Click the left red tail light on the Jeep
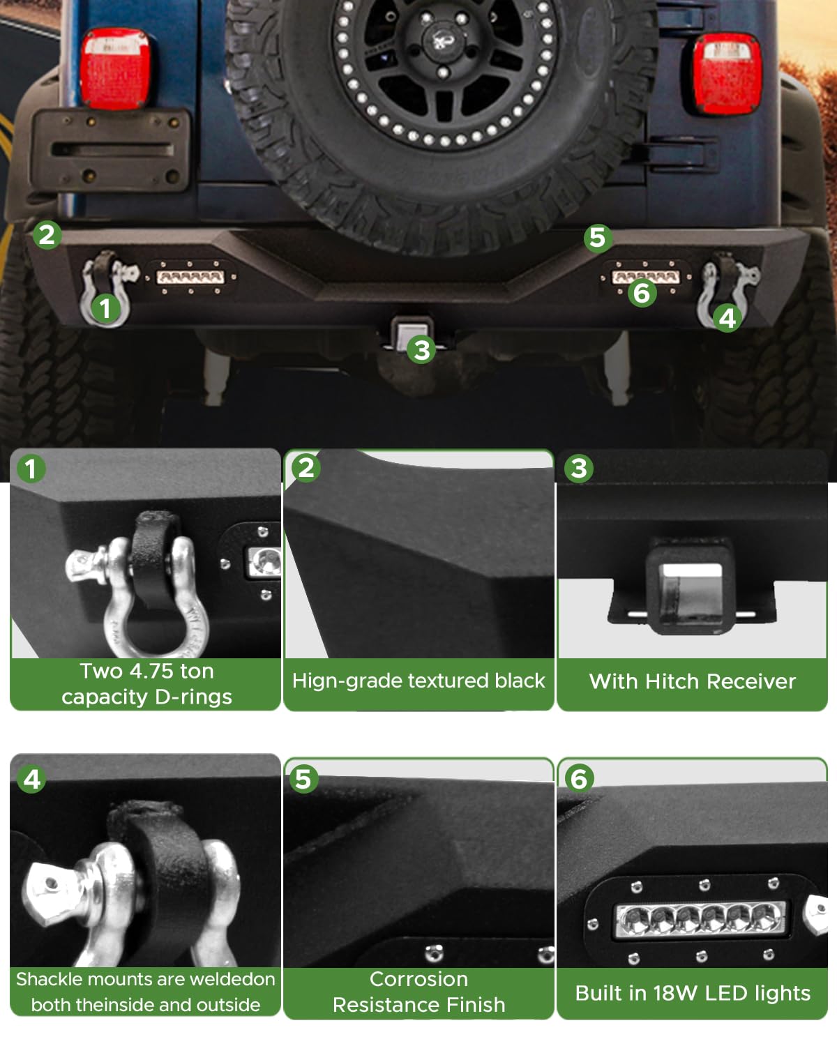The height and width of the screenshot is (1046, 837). (116, 68)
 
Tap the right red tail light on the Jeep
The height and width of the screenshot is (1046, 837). (727, 74)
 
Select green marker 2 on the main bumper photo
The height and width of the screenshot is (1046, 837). (47, 235)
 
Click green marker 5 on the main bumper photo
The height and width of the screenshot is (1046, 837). (598, 238)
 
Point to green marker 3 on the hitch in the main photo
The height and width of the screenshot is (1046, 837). (422, 349)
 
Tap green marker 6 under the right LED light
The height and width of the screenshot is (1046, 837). (642, 293)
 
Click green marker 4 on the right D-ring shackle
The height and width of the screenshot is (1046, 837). (727, 319)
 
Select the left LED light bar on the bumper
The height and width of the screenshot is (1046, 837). (190, 277)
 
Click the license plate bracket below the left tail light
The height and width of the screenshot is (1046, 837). (110, 151)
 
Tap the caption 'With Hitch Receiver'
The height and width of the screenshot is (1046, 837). (692, 681)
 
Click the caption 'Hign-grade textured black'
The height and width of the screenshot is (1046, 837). (418, 681)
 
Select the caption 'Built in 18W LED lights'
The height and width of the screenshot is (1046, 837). (693, 994)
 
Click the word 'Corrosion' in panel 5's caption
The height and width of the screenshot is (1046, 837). (418, 979)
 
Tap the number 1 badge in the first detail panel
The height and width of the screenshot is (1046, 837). (31, 469)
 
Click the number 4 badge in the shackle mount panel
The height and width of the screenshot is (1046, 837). (31, 779)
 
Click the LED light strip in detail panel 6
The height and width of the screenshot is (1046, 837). (700, 920)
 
